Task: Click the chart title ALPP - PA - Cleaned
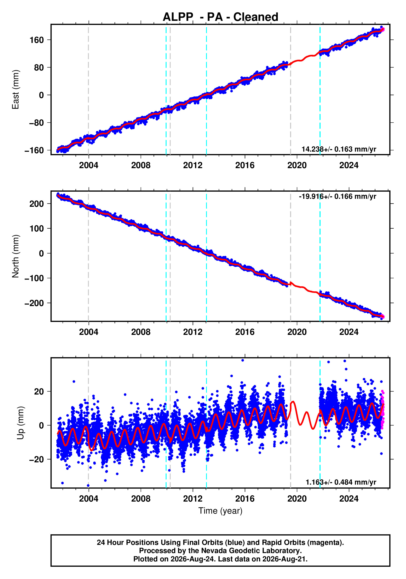pyautogui.click(x=220, y=17)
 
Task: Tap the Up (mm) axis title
pyautogui.click(x=21, y=423)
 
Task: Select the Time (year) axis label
pyautogui.click(x=220, y=511)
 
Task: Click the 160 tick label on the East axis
pyautogui.click(x=37, y=40)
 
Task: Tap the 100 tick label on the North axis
pyautogui.click(x=37, y=228)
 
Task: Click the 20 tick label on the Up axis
pyautogui.click(x=39, y=392)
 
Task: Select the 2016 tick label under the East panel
pyautogui.click(x=245, y=165)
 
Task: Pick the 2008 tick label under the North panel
pyautogui.click(x=141, y=332)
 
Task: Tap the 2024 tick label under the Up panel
pyautogui.click(x=349, y=499)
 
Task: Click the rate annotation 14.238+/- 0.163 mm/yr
pyautogui.click(x=339, y=149)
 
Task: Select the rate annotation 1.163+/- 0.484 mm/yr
pyautogui.click(x=341, y=482)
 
